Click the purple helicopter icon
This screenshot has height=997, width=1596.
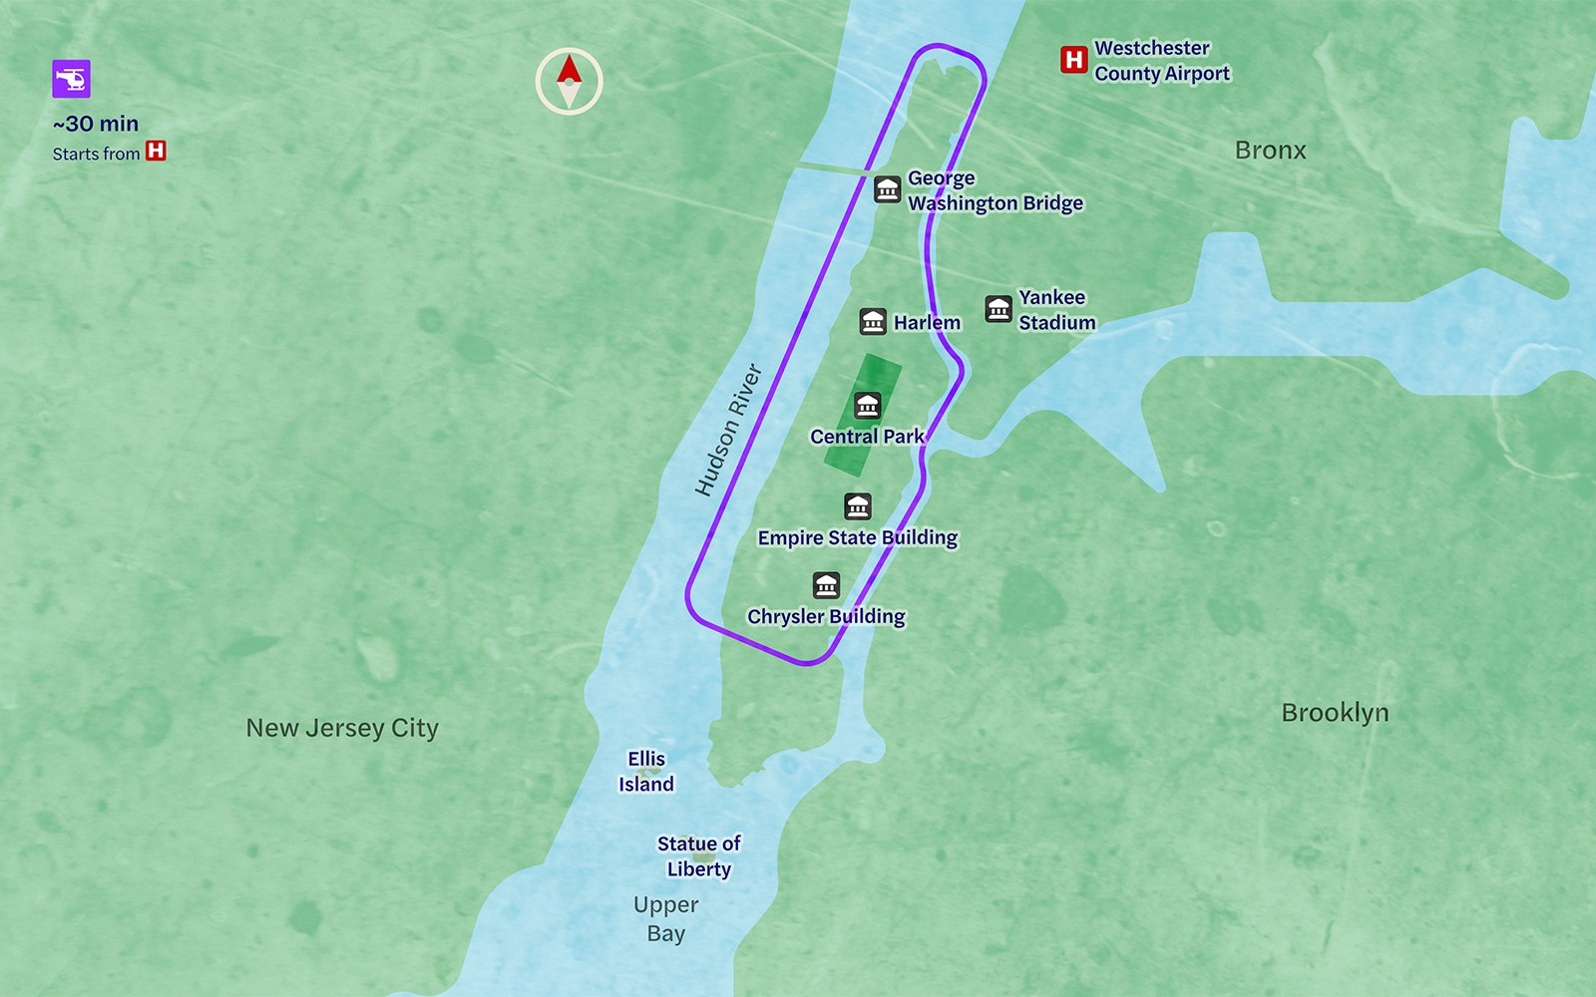point(72,79)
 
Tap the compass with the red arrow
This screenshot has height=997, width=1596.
point(569,82)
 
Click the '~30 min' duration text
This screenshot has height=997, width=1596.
point(96,124)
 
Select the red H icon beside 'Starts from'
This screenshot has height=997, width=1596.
point(156,152)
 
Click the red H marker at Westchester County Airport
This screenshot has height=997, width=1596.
point(1073,60)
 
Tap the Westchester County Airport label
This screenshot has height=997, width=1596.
point(1161,61)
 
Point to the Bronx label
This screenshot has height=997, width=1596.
point(1270,151)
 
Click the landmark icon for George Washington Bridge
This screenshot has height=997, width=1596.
point(888,188)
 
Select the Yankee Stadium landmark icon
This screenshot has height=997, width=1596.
point(998,309)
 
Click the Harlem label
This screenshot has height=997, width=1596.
point(927,322)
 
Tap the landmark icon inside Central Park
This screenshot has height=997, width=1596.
point(867,405)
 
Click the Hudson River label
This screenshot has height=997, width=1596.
point(728,430)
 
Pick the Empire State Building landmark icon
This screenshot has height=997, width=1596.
point(858,506)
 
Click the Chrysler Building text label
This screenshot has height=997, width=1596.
point(826,616)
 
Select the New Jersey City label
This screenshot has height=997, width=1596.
point(342,728)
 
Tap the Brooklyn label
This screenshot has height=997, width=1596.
point(1335,713)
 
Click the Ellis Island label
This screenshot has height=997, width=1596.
point(646,772)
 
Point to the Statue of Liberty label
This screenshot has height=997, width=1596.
point(698,856)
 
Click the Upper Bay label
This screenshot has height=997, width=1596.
point(665,919)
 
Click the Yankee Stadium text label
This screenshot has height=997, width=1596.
point(1055,310)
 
